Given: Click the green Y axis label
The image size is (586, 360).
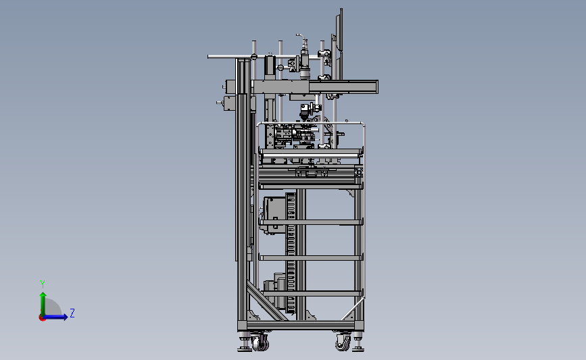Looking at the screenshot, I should coord(42,284).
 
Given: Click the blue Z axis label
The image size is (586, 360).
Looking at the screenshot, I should coord(72,313).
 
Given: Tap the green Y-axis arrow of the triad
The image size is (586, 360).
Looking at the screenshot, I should coord(43,301).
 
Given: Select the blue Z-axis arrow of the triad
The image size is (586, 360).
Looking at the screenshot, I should coord(58,316).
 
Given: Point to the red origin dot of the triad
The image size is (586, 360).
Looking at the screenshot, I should coord(42,317).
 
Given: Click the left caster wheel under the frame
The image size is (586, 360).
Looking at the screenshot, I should coord(259,343).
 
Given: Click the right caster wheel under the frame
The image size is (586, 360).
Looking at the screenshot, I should coord(343,343).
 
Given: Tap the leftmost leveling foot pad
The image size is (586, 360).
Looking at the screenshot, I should coord(243,348).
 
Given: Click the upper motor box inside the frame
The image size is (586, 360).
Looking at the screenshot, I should coord(274,214).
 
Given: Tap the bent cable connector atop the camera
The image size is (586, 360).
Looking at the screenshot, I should coord(298,37).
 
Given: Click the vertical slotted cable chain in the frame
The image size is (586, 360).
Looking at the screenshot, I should coord(291,250).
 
